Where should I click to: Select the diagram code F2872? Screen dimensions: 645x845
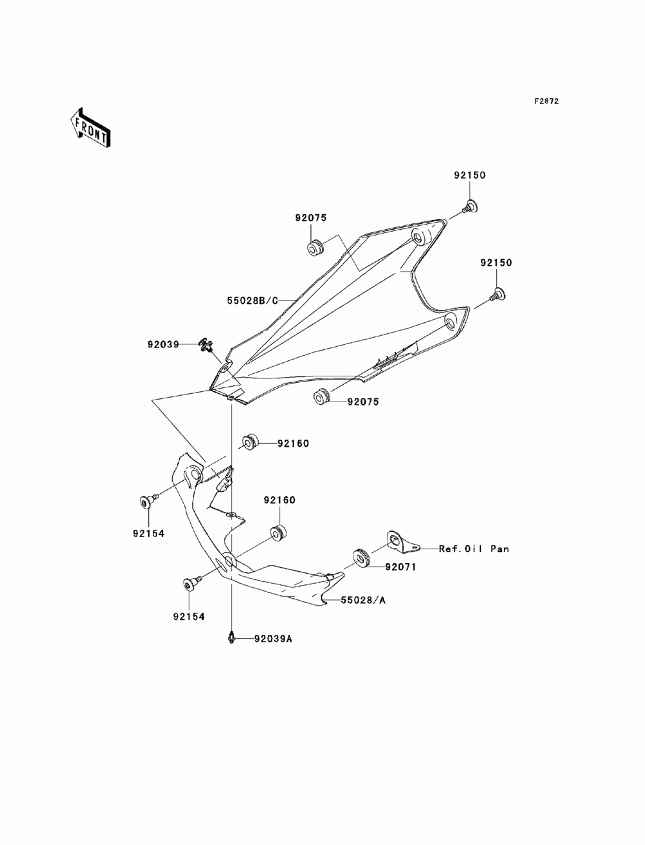point(546,101)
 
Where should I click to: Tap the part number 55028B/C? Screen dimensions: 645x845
point(252,301)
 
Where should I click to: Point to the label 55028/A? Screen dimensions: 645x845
point(363,600)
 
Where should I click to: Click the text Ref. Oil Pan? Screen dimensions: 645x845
point(474,549)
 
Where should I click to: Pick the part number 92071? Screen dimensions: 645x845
point(400,567)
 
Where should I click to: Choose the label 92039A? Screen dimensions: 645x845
point(273,639)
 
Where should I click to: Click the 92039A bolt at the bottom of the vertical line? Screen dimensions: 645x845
point(231,637)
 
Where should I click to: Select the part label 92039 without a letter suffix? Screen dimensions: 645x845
point(163,344)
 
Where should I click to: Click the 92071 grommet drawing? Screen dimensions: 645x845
point(361,558)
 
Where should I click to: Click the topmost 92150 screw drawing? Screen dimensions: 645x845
point(470,207)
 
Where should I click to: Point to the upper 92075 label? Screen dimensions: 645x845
point(311,218)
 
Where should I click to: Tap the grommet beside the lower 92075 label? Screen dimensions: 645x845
point(322,397)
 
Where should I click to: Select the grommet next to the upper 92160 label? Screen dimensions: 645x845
point(250,442)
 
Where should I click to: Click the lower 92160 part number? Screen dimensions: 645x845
point(280,500)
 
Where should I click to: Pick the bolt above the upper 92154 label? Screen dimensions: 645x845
point(148,501)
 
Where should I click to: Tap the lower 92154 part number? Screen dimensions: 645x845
point(189,616)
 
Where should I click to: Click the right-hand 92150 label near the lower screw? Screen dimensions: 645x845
point(496,263)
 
